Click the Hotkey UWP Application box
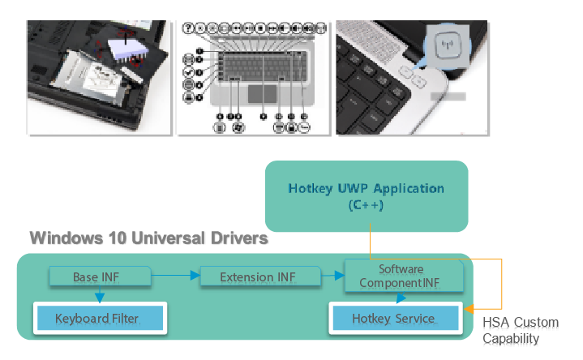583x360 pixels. tap(367, 197)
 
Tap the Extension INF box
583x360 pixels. tap(258, 277)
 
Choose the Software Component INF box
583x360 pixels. tap(402, 276)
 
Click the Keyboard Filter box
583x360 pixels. tap(97, 318)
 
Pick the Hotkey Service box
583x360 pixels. tap(393, 318)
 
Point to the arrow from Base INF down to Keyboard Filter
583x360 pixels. tap(99, 297)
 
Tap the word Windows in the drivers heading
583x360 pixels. tap(65, 239)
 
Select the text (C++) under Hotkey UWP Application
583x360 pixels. tap(366, 206)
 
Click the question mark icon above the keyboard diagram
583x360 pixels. tap(188, 28)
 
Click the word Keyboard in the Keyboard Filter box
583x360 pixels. tap(80, 318)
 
